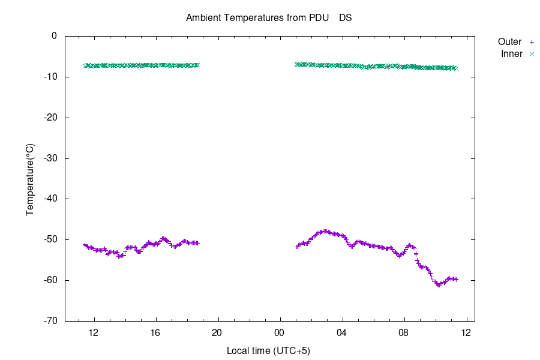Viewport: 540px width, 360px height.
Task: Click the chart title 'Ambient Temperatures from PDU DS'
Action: pos(269,17)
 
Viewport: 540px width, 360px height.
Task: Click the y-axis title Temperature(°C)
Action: pos(30,179)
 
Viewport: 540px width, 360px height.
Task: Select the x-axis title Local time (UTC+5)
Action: pos(268,350)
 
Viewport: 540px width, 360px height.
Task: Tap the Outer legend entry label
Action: pos(509,42)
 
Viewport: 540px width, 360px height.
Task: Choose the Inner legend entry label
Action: pos(512,54)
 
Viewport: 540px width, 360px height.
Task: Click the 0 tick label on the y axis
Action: pos(54,36)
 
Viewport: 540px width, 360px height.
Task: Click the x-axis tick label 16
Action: pos(155,332)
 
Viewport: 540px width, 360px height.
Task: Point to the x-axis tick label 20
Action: pos(217,332)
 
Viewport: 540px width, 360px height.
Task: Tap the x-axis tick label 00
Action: pos(280,332)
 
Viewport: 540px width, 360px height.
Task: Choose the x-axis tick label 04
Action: pos(341,332)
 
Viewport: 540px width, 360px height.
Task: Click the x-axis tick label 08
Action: pos(404,332)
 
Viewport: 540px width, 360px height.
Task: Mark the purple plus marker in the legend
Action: pos(531,42)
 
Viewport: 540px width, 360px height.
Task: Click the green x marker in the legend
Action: pos(531,54)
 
